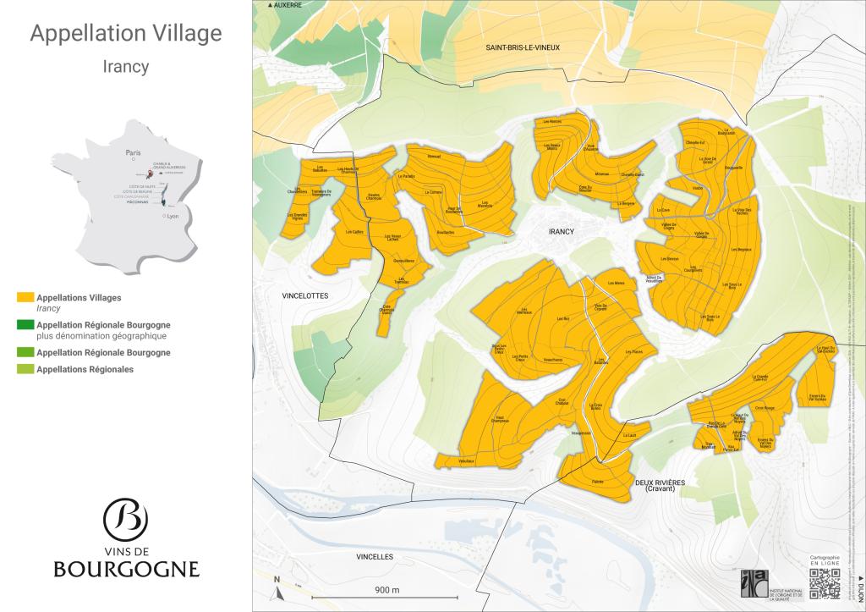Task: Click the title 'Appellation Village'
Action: [126, 33]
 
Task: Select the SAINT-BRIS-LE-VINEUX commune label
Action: [523, 49]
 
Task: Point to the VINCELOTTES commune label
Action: [304, 295]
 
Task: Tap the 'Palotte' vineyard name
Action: [599, 481]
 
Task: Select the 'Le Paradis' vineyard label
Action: [406, 176]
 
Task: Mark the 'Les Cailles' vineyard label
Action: [354, 231]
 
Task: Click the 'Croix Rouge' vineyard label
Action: [765, 408]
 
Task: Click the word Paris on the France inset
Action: [132, 153]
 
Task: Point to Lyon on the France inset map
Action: [173, 217]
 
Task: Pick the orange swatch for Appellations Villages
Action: [25, 298]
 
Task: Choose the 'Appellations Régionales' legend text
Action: [85, 369]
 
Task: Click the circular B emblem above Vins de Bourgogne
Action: [125, 518]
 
